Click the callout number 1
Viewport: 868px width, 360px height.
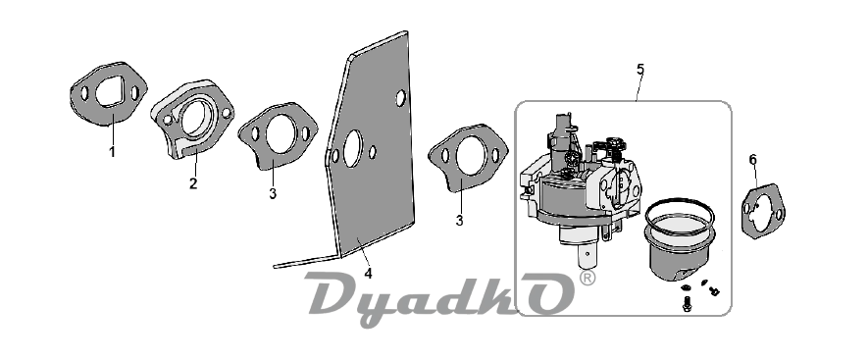(x=113, y=152)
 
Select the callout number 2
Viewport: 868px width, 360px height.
(x=193, y=183)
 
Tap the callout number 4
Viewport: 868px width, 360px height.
(x=368, y=273)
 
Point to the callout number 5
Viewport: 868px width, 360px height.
(x=640, y=70)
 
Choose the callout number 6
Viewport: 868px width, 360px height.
(x=753, y=160)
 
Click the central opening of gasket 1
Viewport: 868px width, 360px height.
(x=111, y=92)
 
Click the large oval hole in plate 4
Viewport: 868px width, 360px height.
(x=352, y=149)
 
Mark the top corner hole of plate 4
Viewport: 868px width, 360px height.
(x=400, y=98)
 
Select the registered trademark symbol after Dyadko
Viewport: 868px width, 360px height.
(x=587, y=279)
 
